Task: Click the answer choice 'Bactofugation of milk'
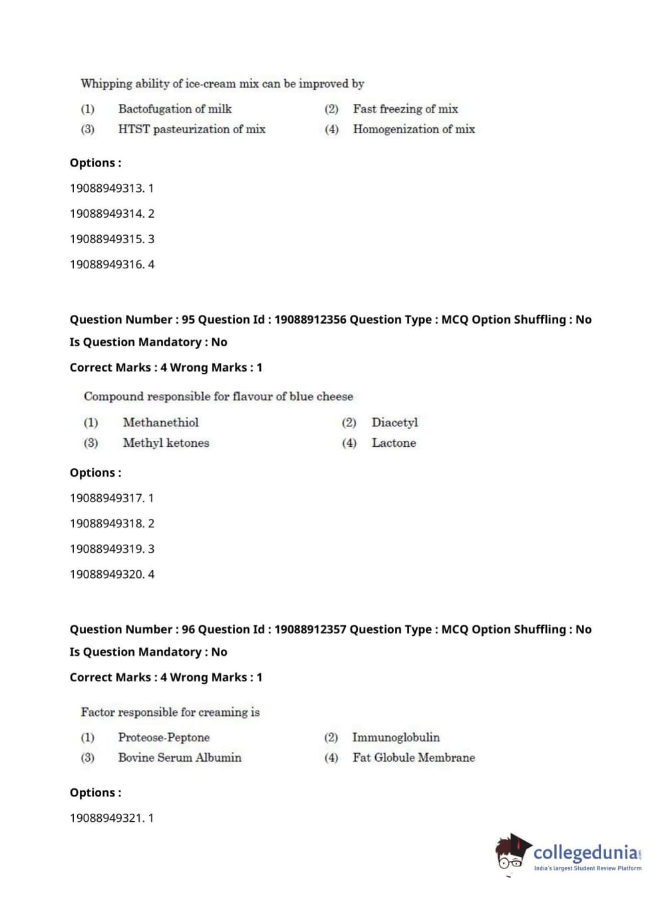coord(174,109)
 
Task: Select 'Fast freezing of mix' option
coord(405,109)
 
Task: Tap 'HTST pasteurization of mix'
coord(192,129)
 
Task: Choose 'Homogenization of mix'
coord(414,129)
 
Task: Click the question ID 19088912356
coord(310,320)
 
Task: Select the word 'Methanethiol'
coord(160,422)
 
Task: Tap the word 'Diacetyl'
coord(395,422)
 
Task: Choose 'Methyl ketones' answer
coord(166,443)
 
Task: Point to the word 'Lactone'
coord(394,443)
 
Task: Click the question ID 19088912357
coord(310,629)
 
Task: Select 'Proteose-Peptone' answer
coord(164,737)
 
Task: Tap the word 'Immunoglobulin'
coord(396,737)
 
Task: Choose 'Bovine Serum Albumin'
coord(180,758)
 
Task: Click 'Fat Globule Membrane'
coord(414,758)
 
